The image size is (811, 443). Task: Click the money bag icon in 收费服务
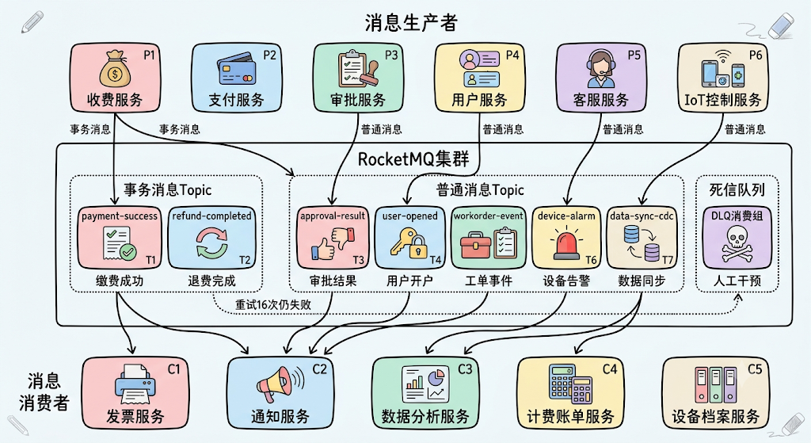tap(114, 69)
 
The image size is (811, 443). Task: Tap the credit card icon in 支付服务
tap(234, 70)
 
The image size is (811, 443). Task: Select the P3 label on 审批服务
tap(391, 55)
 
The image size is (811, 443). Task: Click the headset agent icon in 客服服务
tap(601, 69)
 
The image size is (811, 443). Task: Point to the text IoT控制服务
tap(722, 99)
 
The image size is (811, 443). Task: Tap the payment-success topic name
tap(120, 216)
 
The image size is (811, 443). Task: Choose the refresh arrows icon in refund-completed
tap(211, 243)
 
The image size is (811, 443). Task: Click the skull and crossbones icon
tap(737, 246)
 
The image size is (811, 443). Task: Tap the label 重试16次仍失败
tap(273, 304)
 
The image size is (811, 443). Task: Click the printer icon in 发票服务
tap(135, 384)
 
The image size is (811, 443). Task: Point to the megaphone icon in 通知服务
tap(280, 384)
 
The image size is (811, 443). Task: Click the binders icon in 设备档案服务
tap(716, 385)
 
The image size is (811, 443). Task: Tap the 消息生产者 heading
tap(411, 23)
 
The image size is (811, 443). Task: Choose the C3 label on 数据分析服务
tap(465, 369)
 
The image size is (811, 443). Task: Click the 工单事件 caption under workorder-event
tap(489, 281)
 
